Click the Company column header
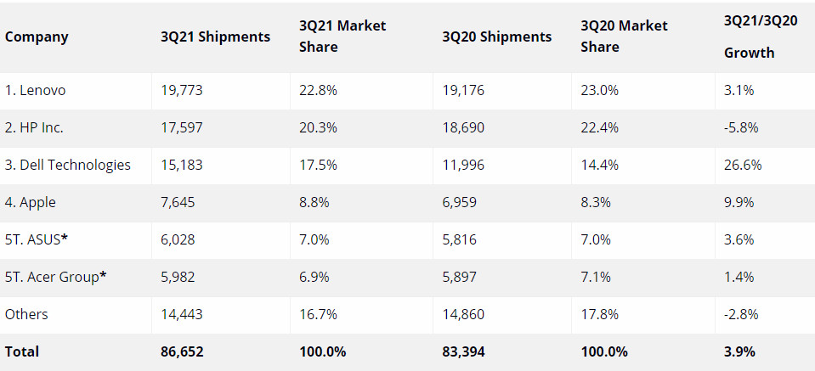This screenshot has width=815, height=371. coord(37,37)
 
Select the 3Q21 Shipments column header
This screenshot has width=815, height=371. coord(215,37)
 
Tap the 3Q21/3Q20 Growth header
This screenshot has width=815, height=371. coord(760,37)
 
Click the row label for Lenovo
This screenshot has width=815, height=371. coord(36,90)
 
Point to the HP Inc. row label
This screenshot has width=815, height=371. coord(34,127)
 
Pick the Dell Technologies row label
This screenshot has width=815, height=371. coord(68,165)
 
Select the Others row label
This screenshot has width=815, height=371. coord(26,314)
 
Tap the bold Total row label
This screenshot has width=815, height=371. coord(22,351)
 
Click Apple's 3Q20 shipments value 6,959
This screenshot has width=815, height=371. coord(460,202)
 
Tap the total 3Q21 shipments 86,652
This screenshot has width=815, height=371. coord(182,351)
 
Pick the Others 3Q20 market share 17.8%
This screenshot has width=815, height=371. coord(599,314)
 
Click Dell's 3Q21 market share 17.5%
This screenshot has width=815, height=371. coord(318,165)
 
